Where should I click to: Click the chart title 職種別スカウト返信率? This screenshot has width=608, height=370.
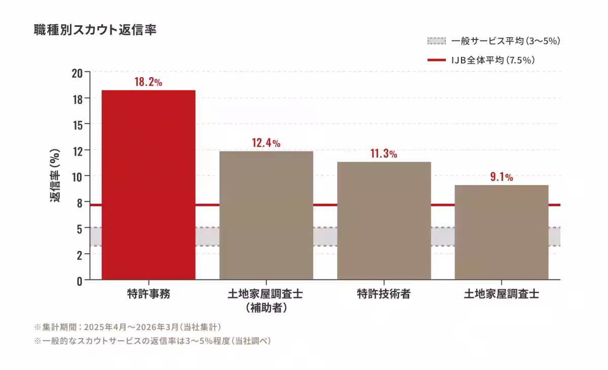(95, 29)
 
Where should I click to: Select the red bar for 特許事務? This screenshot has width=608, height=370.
(148, 185)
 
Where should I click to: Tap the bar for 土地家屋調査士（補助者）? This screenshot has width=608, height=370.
(267, 215)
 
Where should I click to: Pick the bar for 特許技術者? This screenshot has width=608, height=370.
(384, 220)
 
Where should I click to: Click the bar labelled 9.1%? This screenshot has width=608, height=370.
(502, 232)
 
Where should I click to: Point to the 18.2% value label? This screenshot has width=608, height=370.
(148, 82)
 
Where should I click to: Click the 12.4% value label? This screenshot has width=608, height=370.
(267, 143)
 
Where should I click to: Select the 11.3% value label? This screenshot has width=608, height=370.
(384, 154)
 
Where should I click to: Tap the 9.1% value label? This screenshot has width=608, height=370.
(502, 177)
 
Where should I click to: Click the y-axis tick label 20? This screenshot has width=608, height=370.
(77, 73)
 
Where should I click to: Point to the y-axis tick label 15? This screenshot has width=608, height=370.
(78, 125)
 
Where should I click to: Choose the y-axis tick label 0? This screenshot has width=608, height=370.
(80, 281)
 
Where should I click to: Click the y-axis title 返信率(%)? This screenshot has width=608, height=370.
(55, 175)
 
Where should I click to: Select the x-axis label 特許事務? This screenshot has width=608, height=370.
(149, 294)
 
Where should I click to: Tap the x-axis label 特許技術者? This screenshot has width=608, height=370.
(384, 294)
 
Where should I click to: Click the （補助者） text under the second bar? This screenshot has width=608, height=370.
(267, 308)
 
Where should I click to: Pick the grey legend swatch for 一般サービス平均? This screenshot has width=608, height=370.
(436, 41)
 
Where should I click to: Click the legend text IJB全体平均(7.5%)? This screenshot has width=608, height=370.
(493, 60)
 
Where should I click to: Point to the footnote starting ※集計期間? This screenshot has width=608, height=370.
(128, 327)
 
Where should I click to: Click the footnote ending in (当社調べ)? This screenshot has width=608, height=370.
(153, 341)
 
